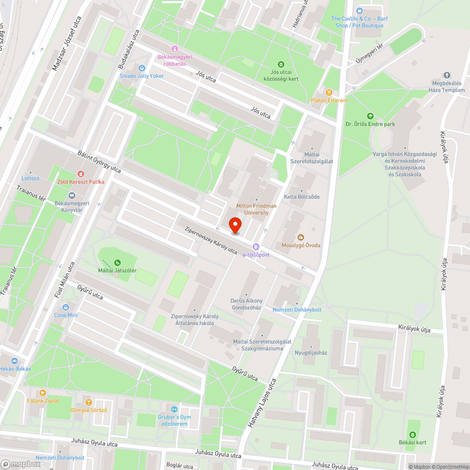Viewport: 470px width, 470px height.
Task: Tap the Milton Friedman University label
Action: coord(256,209)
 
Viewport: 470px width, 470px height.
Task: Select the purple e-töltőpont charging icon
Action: coord(256,246)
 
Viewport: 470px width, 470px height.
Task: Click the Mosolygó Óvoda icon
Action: coord(301,236)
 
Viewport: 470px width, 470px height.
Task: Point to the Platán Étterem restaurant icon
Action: coord(329,92)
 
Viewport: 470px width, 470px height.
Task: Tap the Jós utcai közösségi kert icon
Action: coord(281,64)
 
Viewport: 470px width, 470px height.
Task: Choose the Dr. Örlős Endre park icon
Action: coord(370,116)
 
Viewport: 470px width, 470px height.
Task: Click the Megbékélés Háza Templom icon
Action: coord(446,75)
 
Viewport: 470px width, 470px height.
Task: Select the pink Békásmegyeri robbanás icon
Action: coord(175,48)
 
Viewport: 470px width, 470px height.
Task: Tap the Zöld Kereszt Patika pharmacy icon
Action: coord(80,173)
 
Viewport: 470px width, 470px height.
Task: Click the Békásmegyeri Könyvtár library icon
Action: coord(71,196)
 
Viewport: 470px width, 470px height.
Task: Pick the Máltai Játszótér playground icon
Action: coord(117,263)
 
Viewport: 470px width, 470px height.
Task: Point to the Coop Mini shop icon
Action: coord(66,307)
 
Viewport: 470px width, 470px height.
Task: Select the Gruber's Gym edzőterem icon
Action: coord(174,409)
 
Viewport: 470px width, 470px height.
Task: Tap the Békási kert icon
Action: coord(414,435)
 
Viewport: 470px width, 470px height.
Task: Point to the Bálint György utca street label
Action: coord(99,162)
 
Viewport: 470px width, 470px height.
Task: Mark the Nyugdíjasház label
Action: coord(311,352)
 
